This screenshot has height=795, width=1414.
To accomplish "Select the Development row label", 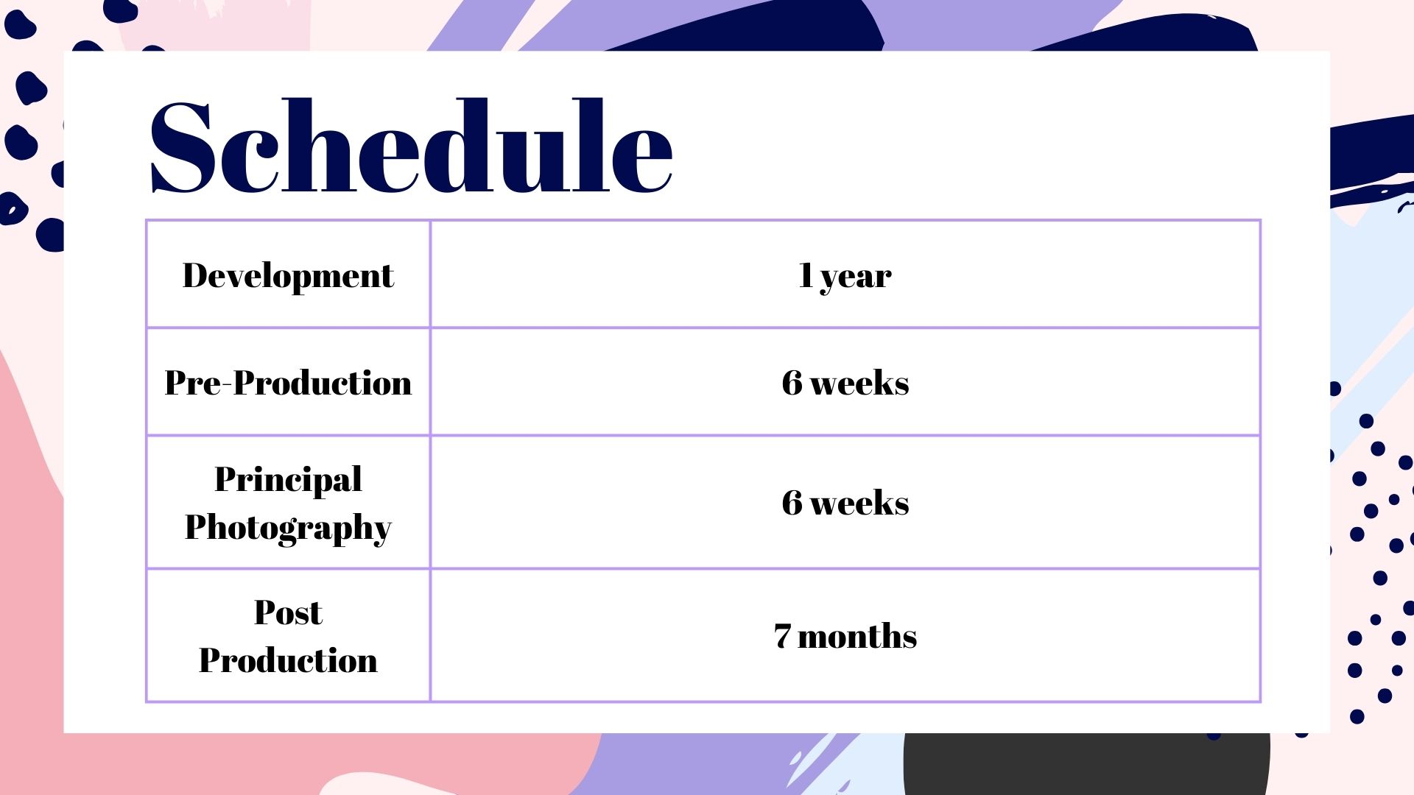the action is [288, 277].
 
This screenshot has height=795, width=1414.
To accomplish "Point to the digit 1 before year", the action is [806, 275].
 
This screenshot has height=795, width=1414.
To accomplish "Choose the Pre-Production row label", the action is [288, 383].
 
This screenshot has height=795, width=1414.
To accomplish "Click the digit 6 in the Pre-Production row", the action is [792, 383].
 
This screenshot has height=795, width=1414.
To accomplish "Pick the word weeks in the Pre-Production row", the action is [859, 383].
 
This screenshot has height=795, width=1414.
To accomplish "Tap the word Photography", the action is [288, 529].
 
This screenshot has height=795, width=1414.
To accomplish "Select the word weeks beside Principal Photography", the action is [859, 503].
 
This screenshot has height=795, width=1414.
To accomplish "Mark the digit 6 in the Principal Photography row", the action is [792, 503].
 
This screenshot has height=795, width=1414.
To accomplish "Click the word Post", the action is [288, 612].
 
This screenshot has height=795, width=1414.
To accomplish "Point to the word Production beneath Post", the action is [288, 660].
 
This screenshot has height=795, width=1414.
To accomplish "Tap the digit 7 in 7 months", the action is [783, 636].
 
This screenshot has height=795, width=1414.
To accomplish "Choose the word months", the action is [857, 636].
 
